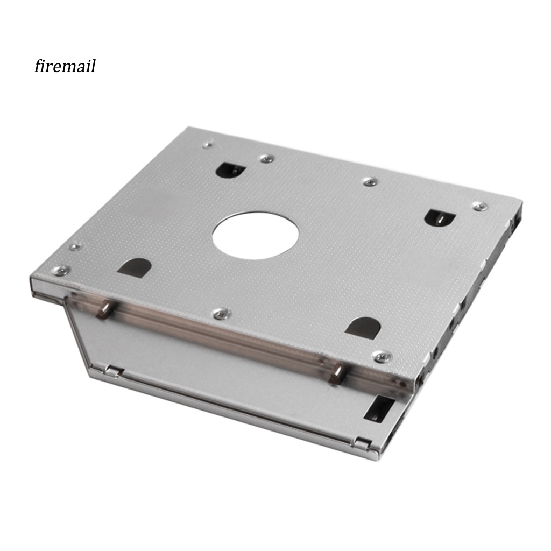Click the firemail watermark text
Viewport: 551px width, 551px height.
point(65,66)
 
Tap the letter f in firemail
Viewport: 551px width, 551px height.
point(38,66)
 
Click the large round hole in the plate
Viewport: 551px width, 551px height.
point(256,235)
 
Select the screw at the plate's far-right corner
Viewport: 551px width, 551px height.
point(479,206)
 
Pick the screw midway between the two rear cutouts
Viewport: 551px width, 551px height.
point(370,182)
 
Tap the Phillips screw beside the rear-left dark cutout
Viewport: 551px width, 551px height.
point(267,159)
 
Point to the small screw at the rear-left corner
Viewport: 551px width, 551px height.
point(208,144)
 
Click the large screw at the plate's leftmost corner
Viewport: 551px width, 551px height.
point(61,270)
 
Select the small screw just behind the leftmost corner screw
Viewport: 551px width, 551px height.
point(75,246)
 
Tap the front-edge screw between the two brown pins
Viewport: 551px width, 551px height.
point(222,313)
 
